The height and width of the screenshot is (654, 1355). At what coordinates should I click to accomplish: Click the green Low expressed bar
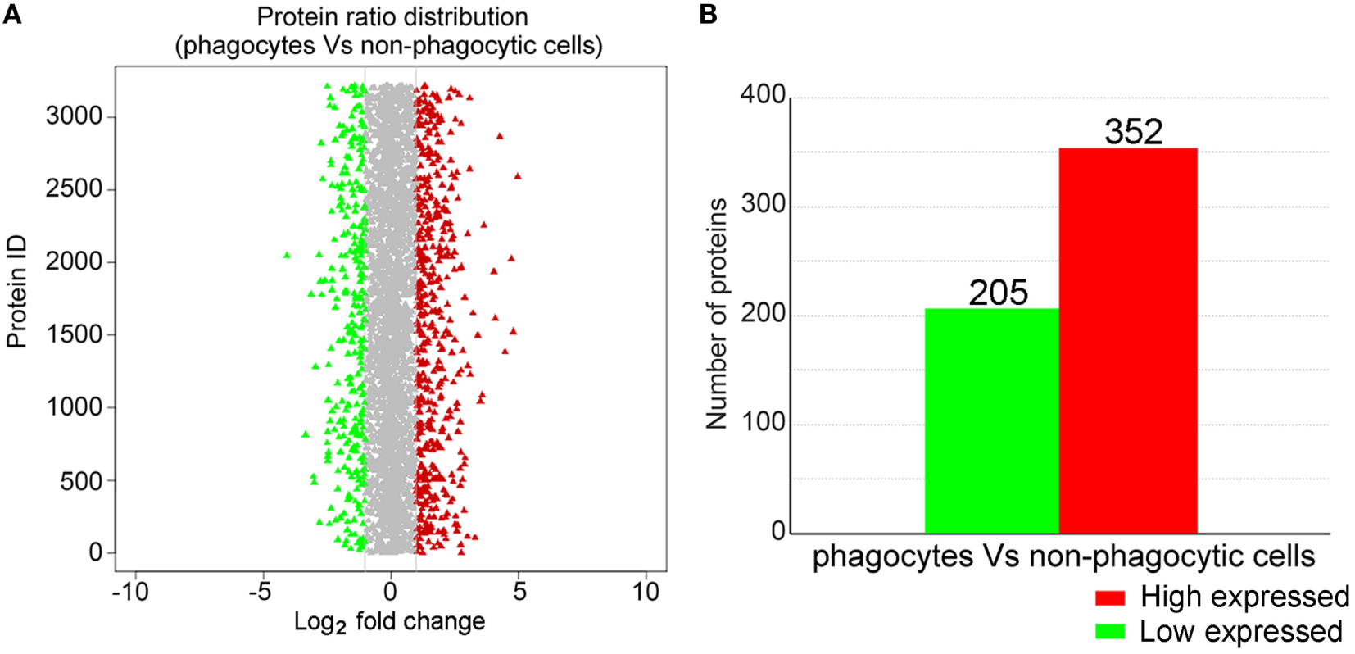point(991,421)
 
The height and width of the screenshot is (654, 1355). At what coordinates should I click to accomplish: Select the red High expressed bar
point(1127,341)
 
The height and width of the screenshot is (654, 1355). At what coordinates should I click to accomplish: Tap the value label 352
point(1133,132)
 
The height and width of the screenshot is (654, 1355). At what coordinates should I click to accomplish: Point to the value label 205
point(998,293)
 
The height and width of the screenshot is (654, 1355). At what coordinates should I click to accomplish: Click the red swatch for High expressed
point(1110,597)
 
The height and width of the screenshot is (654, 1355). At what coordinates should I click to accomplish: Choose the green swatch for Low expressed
point(1110,632)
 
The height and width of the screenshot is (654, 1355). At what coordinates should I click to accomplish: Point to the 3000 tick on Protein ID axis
point(74,116)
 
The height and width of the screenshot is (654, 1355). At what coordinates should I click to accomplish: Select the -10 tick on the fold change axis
point(129,591)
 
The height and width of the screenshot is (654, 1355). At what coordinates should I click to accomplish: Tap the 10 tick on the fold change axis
point(646,591)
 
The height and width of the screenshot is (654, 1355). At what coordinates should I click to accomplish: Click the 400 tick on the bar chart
point(763,95)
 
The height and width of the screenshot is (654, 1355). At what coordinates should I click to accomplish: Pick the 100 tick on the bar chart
point(763,422)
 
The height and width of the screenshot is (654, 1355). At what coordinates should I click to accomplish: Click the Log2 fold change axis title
point(389,622)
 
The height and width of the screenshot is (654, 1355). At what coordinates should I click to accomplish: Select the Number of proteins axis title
point(717,313)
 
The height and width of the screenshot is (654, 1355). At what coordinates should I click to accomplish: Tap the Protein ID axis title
point(17,292)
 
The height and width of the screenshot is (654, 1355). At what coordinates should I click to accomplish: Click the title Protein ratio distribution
point(392,17)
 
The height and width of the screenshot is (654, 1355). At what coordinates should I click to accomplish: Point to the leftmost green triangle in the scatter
point(287,255)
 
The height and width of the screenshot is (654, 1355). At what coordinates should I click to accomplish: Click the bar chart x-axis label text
point(1063,556)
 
